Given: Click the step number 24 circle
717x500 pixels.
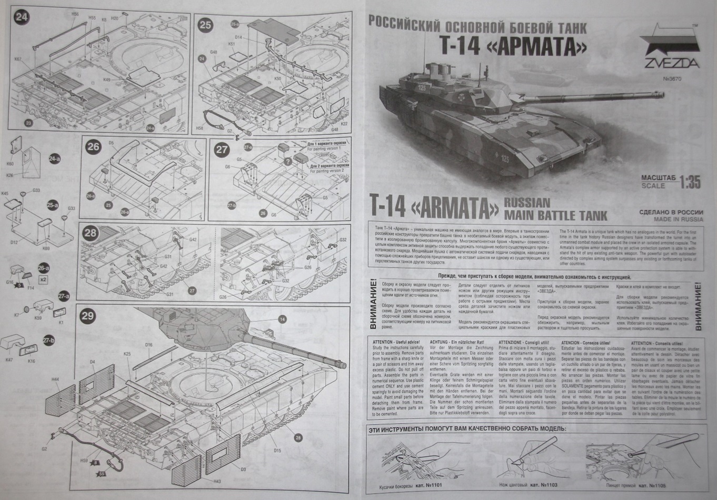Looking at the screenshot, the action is pyautogui.click(x=21, y=17).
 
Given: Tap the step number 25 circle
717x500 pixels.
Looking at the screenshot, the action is pyautogui.click(x=205, y=24).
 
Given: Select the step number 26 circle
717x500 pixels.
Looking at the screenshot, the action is pyautogui.click(x=93, y=146).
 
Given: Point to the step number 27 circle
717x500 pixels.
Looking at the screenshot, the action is pyautogui.click(x=222, y=149).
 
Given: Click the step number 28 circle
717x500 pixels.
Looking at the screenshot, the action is pyautogui.click(x=90, y=233).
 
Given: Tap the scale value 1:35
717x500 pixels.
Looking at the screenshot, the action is pyautogui.click(x=690, y=182).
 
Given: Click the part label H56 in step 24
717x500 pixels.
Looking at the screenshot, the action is pyautogui.click(x=75, y=13).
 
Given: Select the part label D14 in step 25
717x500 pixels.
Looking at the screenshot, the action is pyautogui.click(x=238, y=37).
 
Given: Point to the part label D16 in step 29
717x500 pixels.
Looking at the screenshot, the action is pyautogui.click(x=148, y=345).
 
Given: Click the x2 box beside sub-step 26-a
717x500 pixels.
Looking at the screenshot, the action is pyautogui.click(x=43, y=279).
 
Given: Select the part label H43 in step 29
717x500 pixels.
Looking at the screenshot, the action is pyautogui.click(x=217, y=481).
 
